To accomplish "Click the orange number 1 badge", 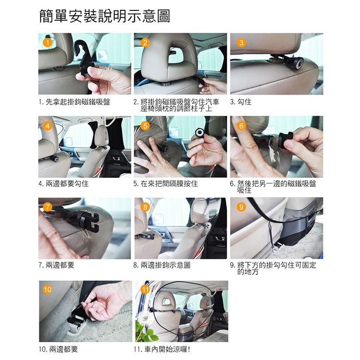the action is [x=47, y=43].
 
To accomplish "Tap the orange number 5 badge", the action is [x=145, y=126].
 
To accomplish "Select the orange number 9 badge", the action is [x=241, y=207].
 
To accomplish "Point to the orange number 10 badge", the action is [x=47, y=289].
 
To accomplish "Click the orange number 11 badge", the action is [x=145, y=289].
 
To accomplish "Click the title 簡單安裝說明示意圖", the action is [x=105, y=16].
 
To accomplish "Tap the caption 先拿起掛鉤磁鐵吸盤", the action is [x=78, y=102].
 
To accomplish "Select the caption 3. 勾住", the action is [x=241, y=102].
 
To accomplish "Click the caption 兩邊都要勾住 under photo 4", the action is [x=67, y=184].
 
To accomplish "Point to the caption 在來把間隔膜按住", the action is [x=169, y=184].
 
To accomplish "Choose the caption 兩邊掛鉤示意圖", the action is [x=165, y=265].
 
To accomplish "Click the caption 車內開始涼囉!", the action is [x=167, y=350].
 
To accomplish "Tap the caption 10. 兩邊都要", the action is [x=58, y=350].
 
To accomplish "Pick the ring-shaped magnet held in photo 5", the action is [x=200, y=133].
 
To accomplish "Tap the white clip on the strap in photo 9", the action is [x=277, y=247].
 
